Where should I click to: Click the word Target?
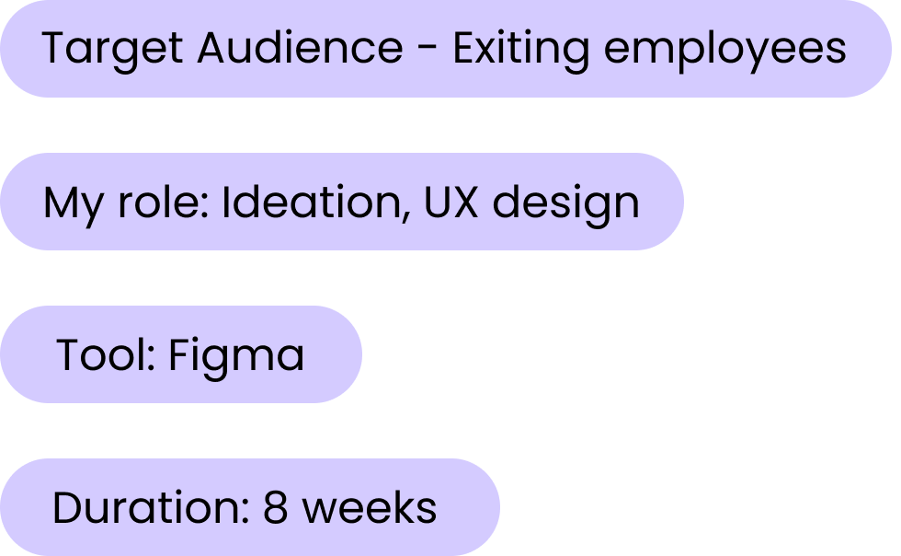pyautogui.click(x=112, y=49)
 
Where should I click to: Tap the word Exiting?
pyautogui.click(x=520, y=49)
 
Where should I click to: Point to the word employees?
pyautogui.click(x=724, y=49)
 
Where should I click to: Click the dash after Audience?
pyautogui.click(x=428, y=49)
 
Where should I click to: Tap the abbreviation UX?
pyautogui.click(x=451, y=202)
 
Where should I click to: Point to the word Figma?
pyautogui.click(x=235, y=355)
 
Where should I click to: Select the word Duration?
pyautogui.click(x=145, y=507)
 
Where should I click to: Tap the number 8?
pyautogui.click(x=277, y=507)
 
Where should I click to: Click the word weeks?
pyautogui.click(x=370, y=507)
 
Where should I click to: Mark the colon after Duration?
pyautogui.click(x=245, y=511)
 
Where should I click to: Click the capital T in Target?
pyautogui.click(x=55, y=48)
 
